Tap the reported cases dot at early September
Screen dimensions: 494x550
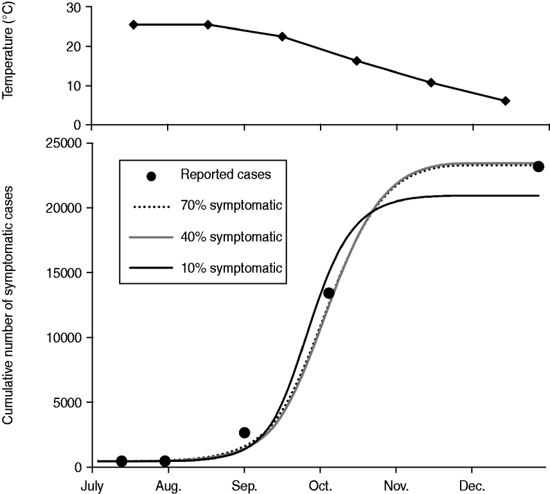(x=244, y=432)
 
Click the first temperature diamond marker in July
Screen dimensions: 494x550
(x=134, y=24)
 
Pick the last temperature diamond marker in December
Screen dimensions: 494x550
(x=506, y=101)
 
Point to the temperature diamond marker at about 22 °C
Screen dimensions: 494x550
(x=282, y=37)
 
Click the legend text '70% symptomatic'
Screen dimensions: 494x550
(x=232, y=206)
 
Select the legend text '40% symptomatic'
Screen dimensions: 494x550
(x=232, y=236)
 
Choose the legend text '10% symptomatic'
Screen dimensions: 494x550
(x=232, y=266)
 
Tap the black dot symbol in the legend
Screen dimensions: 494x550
(x=152, y=176)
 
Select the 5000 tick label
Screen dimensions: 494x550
(x=71, y=403)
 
